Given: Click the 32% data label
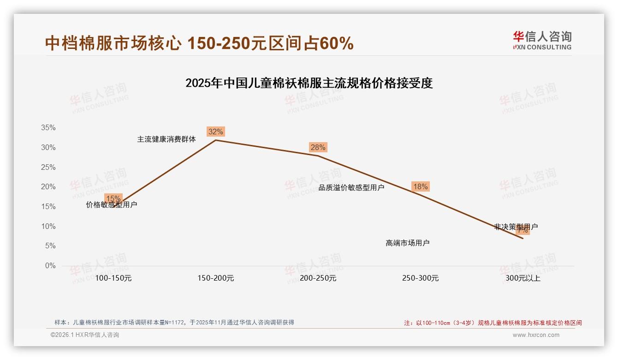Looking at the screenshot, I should pos(215,132).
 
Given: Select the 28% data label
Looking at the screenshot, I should pos(318,147).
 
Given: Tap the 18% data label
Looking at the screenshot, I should pos(420,186).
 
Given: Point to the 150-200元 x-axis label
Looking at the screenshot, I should pos(216,278).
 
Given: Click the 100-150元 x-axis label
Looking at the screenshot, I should pos(113,278).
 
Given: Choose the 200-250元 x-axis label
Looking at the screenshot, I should pos(318,278).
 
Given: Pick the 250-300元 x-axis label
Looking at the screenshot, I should pos(420,278).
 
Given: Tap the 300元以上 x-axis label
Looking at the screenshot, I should pos(523,278).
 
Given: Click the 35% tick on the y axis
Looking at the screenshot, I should pos(49,128).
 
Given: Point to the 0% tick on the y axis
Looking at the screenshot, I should pos(50,266).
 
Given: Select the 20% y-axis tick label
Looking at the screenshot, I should pos(49,187).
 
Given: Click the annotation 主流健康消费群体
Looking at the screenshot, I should pos(166,139).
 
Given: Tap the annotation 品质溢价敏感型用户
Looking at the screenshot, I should pos(351,187).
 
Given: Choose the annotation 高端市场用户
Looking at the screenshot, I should pos(408,243).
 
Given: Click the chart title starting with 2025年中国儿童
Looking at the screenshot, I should pos(309,84).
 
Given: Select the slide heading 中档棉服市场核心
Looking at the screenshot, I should pos(199,43).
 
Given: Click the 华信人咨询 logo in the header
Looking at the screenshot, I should pos(542,40).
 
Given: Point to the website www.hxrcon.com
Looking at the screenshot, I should pos(536,335).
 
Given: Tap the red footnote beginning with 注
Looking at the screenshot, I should pos(493,323).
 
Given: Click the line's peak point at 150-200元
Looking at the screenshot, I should pos(216,140).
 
